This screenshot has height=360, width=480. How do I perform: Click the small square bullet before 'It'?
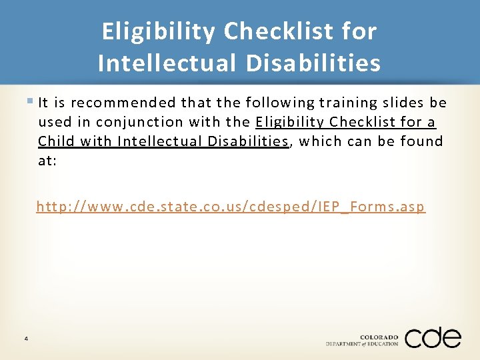pos(32,101)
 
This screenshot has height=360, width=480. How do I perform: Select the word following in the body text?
pos(280,103)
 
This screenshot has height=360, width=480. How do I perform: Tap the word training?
pos(348,103)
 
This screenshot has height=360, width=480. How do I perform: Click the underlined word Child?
pos(55,141)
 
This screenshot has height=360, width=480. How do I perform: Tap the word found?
pos(422,141)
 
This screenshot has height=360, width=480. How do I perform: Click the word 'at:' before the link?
pos(47,161)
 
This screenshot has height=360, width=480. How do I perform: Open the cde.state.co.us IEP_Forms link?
pos(230,207)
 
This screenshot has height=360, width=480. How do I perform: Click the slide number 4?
pos(25,339)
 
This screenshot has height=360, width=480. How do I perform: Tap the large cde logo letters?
pos(433,338)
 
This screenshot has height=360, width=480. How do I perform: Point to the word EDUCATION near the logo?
pos(383,344)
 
